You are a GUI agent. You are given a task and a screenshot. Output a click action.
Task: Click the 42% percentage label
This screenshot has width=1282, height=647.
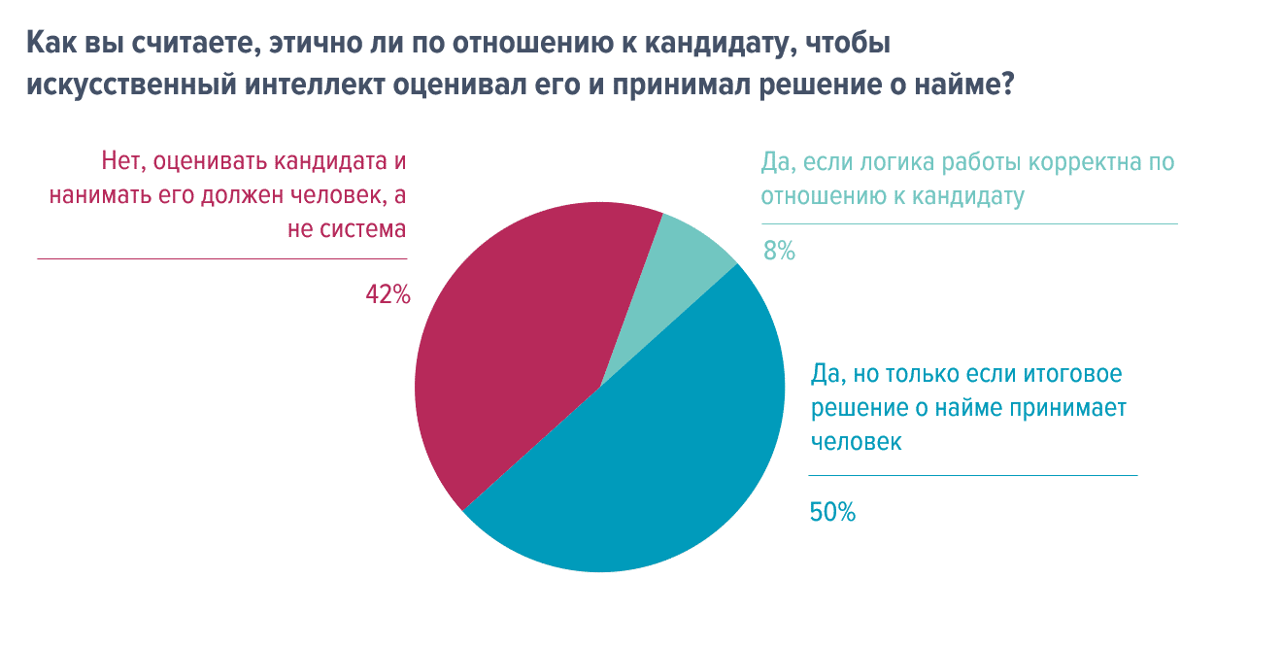coord(388,294)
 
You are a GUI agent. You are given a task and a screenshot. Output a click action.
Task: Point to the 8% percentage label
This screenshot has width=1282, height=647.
coord(779,251)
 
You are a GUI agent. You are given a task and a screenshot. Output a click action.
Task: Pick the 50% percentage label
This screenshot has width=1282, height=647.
coord(832,512)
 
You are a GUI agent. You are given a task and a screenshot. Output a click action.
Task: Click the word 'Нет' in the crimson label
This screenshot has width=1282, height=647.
coord(122,160)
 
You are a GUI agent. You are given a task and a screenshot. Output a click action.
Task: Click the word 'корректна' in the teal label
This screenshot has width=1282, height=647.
coord(1077,161)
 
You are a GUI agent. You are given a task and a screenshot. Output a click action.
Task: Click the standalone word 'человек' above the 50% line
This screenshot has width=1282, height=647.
coord(856,442)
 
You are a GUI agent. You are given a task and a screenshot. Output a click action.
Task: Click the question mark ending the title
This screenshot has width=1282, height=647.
coord(1007,85)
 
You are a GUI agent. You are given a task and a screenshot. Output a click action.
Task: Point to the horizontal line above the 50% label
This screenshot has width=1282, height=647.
coord(972,476)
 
